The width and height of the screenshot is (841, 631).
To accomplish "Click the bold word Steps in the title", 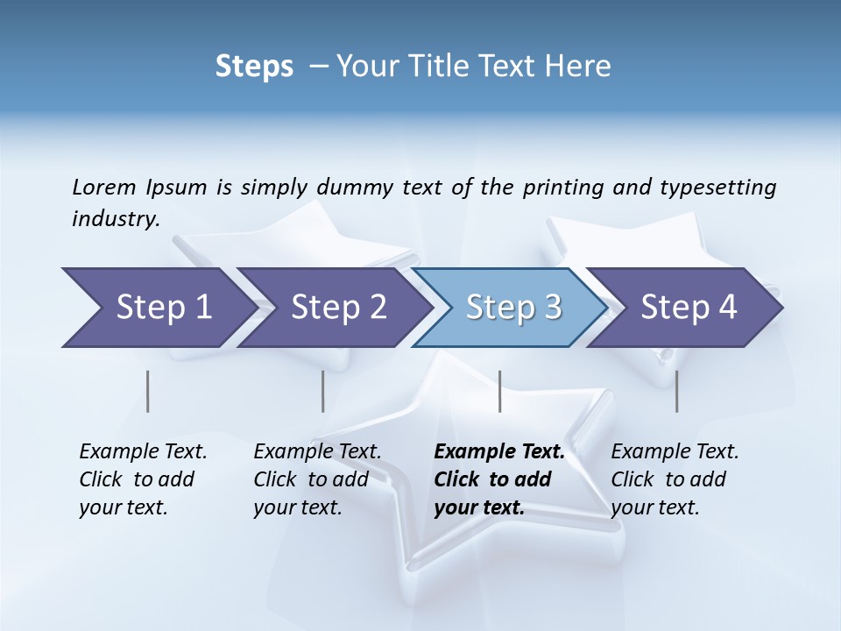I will tap(254, 67).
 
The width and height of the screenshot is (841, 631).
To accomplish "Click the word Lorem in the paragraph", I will tap(103, 188).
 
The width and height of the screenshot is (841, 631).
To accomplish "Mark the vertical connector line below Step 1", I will tap(148, 391).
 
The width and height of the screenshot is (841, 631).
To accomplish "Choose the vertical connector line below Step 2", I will tap(323, 391).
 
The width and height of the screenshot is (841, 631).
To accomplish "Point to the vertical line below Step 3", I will tap(499, 391).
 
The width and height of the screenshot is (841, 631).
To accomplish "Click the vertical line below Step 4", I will tap(676, 391).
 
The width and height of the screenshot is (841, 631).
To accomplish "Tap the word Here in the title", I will tap(581, 67).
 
